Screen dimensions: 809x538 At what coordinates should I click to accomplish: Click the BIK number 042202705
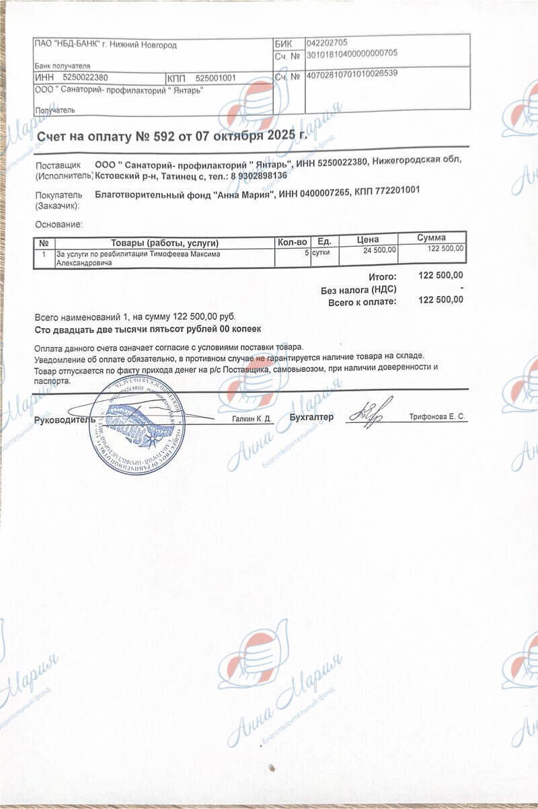coord(327,42)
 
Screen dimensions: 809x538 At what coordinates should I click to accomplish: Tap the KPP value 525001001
coord(216,78)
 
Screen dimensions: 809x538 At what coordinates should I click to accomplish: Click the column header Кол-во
coord(292,241)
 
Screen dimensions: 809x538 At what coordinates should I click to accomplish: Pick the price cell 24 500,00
coord(380,250)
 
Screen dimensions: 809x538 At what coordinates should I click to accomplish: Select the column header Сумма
coord(431,237)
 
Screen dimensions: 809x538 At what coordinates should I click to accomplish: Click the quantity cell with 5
coord(307,254)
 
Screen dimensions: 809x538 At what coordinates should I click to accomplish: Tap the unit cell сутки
coord(320,254)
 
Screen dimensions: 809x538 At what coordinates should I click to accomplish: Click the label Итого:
coord(383,276)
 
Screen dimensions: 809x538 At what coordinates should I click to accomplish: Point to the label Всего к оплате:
coord(362,301)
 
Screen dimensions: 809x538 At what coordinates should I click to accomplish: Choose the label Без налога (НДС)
coord(358,289)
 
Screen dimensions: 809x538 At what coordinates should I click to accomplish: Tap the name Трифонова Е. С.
coord(437,418)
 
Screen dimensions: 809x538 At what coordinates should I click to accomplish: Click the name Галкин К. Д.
coord(252,419)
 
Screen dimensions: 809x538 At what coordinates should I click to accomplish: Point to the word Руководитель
coord(61,419)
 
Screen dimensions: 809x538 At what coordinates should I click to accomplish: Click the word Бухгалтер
coord(311,417)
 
